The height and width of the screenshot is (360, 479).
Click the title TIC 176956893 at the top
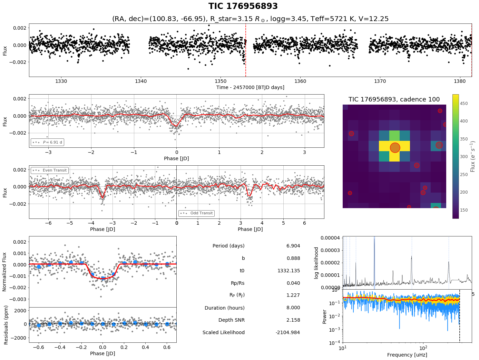[243, 6]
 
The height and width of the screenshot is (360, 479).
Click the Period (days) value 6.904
[293, 246]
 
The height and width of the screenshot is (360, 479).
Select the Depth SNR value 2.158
[293, 320]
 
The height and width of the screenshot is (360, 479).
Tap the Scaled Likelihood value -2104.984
[287, 332]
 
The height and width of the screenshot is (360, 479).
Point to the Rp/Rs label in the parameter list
[237, 283]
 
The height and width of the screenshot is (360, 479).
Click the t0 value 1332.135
[289, 271]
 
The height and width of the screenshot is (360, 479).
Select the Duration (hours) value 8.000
[293, 308]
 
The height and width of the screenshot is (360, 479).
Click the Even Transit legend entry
[49, 170]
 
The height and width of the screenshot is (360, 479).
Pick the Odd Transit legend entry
[196, 213]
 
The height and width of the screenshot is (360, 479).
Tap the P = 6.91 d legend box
[47, 142]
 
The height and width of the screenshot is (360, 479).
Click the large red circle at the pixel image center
[395, 147]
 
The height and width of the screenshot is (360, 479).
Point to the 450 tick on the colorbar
[464, 103]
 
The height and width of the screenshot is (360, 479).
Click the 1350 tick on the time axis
[221, 81]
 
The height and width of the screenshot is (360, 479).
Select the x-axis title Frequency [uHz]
[407, 355]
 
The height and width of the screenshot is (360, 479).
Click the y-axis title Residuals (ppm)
[6, 324]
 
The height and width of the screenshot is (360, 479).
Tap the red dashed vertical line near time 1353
[246, 50]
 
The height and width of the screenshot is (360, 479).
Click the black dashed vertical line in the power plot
[459, 316]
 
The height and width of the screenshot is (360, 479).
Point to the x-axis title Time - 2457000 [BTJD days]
[250, 87]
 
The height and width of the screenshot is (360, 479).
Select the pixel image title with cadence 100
[394, 99]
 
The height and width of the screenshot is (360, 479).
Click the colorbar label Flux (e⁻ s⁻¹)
[473, 156]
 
